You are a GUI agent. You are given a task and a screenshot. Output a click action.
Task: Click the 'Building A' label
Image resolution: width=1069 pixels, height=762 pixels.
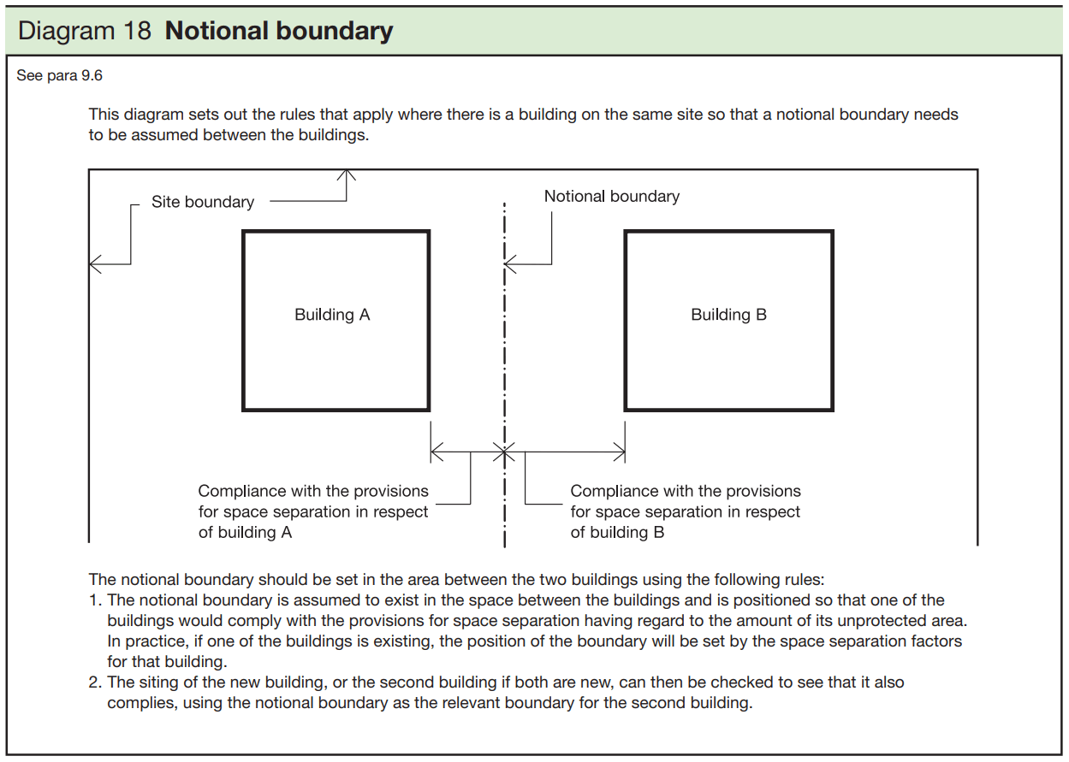[332, 315]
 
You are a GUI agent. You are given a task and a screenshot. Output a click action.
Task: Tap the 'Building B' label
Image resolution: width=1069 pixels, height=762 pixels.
[728, 315]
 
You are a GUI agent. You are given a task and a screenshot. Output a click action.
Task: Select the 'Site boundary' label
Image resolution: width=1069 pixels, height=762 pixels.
[203, 203]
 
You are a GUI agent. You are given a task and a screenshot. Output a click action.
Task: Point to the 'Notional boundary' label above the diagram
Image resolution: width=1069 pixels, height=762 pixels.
[611, 197]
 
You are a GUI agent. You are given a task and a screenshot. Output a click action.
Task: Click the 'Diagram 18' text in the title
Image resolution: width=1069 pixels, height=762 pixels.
[84, 32]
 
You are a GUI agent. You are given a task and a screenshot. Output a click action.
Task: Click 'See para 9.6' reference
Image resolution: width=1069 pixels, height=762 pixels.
[59, 76]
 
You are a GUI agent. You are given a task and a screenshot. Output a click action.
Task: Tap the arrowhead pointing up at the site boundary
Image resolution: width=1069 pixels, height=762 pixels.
[347, 174]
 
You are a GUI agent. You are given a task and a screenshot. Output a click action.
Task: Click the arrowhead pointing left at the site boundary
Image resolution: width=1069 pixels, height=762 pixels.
[95, 264]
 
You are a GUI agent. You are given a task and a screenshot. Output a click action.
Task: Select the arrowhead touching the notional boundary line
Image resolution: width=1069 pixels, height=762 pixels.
[510, 264]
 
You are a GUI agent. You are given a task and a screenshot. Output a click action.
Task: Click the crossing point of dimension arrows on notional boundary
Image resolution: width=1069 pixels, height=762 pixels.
[505, 452]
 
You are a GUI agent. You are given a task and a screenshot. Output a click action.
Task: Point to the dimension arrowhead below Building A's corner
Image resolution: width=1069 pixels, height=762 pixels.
[437, 452]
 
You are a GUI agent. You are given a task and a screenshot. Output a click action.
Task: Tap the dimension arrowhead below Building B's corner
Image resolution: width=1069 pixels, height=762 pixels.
[619, 452]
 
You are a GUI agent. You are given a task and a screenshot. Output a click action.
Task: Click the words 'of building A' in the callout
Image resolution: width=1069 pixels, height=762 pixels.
[246, 533]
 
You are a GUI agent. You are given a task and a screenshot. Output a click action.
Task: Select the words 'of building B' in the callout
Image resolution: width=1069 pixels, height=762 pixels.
[618, 533]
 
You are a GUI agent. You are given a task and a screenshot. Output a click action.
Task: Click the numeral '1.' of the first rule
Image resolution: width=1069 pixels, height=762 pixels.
[96, 600]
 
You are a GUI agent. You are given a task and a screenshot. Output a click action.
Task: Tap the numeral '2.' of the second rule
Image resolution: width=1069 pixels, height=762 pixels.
[96, 682]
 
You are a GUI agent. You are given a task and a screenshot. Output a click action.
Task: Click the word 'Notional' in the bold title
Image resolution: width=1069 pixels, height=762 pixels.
[219, 32]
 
